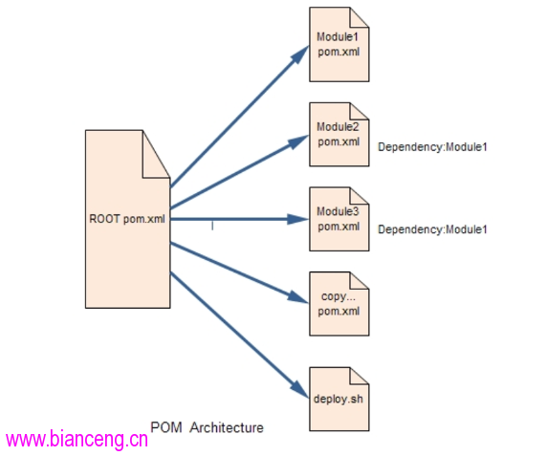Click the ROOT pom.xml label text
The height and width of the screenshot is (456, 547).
click(x=127, y=219)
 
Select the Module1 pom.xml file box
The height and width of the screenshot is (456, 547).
click(x=339, y=45)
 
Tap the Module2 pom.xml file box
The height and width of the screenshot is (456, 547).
click(x=339, y=134)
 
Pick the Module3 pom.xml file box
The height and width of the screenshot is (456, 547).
click(x=339, y=219)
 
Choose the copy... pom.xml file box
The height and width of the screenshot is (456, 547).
click(x=339, y=304)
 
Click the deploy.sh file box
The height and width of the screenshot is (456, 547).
click(x=339, y=399)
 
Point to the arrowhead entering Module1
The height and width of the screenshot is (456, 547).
click(x=300, y=54)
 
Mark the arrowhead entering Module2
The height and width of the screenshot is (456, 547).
click(x=298, y=141)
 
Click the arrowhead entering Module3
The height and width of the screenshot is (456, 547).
click(x=298, y=219)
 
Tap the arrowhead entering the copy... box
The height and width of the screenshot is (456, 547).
click(x=298, y=297)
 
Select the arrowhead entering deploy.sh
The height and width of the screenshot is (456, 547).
click(x=299, y=388)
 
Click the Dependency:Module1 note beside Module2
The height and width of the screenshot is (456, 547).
click(x=432, y=147)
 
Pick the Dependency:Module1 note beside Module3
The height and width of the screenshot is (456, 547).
click(x=432, y=229)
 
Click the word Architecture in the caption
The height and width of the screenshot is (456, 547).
click(x=227, y=427)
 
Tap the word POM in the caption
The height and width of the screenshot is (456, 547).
click(x=166, y=427)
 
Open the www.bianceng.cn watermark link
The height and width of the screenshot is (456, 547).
click(x=77, y=439)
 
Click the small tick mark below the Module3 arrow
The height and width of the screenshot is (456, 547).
click(x=212, y=226)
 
